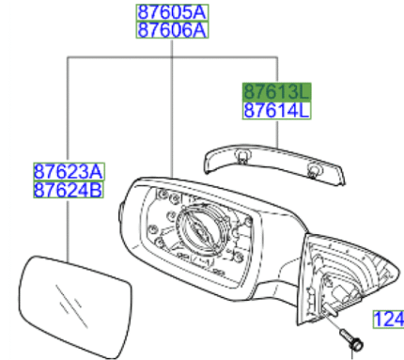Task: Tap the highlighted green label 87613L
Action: click(276, 91)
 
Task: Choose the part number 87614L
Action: click(276, 110)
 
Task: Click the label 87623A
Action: click(69, 173)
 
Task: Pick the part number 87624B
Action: click(69, 191)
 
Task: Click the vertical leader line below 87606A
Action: click(171, 113)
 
